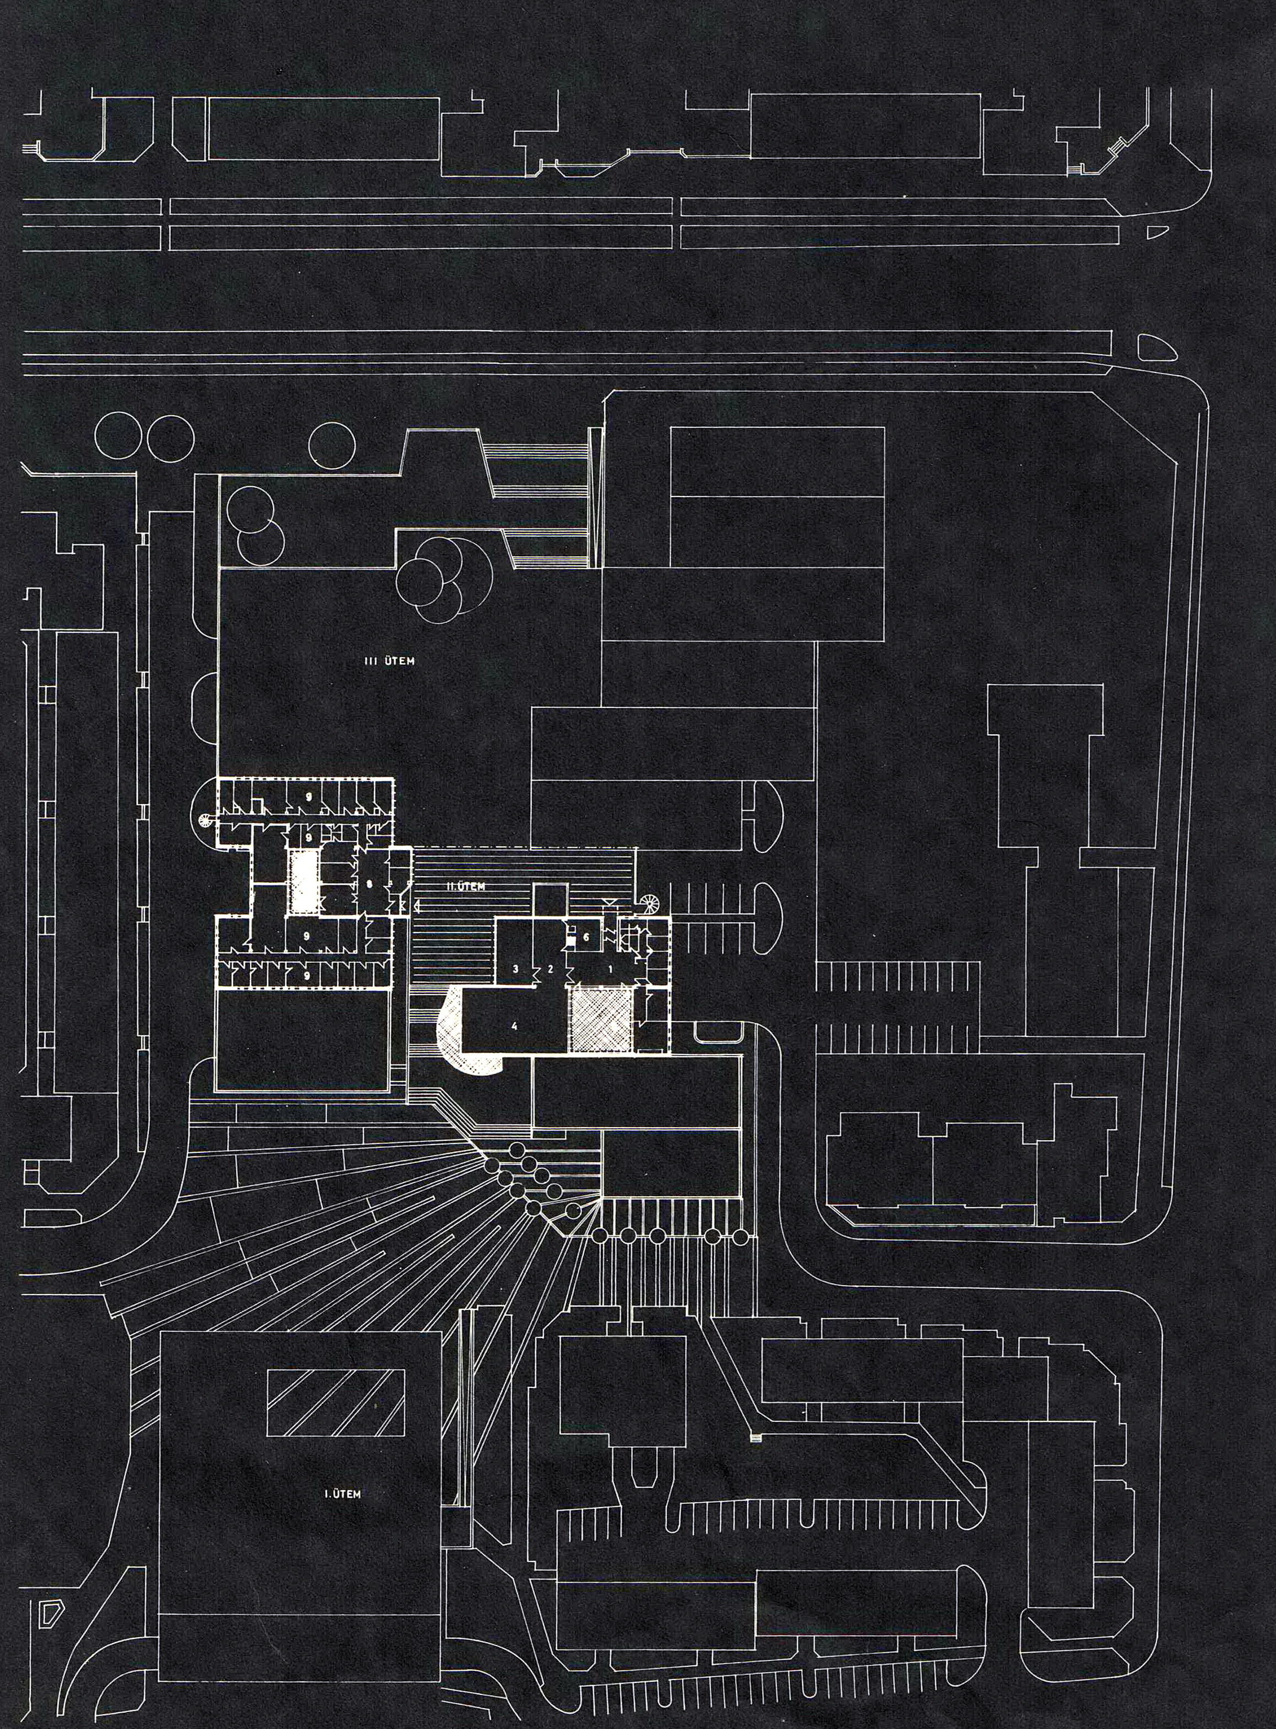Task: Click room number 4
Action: click(x=514, y=1027)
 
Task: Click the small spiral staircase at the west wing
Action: click(x=205, y=820)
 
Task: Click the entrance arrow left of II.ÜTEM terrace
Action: click(x=416, y=905)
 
